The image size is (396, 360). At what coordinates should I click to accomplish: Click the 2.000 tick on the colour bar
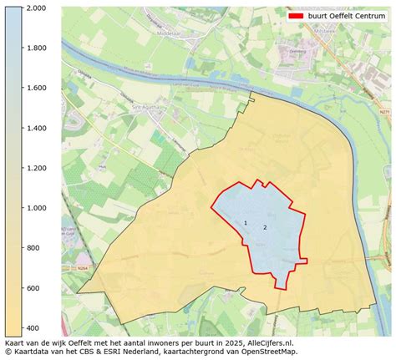(x=34, y=8)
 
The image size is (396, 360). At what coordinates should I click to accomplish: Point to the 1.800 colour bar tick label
(x=34, y=48)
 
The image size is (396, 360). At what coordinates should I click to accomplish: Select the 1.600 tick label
(x=34, y=89)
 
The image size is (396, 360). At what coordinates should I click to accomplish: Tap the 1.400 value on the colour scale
(x=34, y=128)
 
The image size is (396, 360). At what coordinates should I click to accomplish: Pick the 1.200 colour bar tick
(x=34, y=168)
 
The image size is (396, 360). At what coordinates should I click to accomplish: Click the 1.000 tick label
(x=34, y=208)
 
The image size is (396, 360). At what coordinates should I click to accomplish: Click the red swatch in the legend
(x=296, y=16)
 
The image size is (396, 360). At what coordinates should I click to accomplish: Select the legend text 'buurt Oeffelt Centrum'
(x=347, y=16)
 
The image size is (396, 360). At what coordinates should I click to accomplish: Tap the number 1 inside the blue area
(x=246, y=222)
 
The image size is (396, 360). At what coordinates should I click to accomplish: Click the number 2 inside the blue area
(x=265, y=227)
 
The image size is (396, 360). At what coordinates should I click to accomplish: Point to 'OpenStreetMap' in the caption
(x=267, y=352)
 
